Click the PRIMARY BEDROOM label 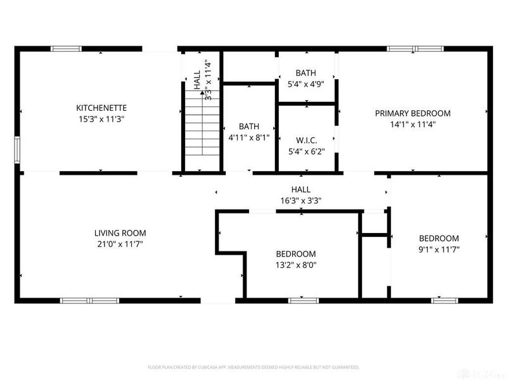point(413,113)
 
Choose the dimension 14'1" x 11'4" point(413,125)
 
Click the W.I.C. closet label point(307,140)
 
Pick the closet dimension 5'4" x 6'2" point(307,151)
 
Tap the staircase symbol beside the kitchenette point(201,129)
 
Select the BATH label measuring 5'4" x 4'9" point(307,73)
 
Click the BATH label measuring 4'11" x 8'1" point(249,126)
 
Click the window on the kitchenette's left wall point(18,151)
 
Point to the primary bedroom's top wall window point(416,48)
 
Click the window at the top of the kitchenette point(66,48)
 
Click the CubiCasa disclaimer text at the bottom point(253,367)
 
